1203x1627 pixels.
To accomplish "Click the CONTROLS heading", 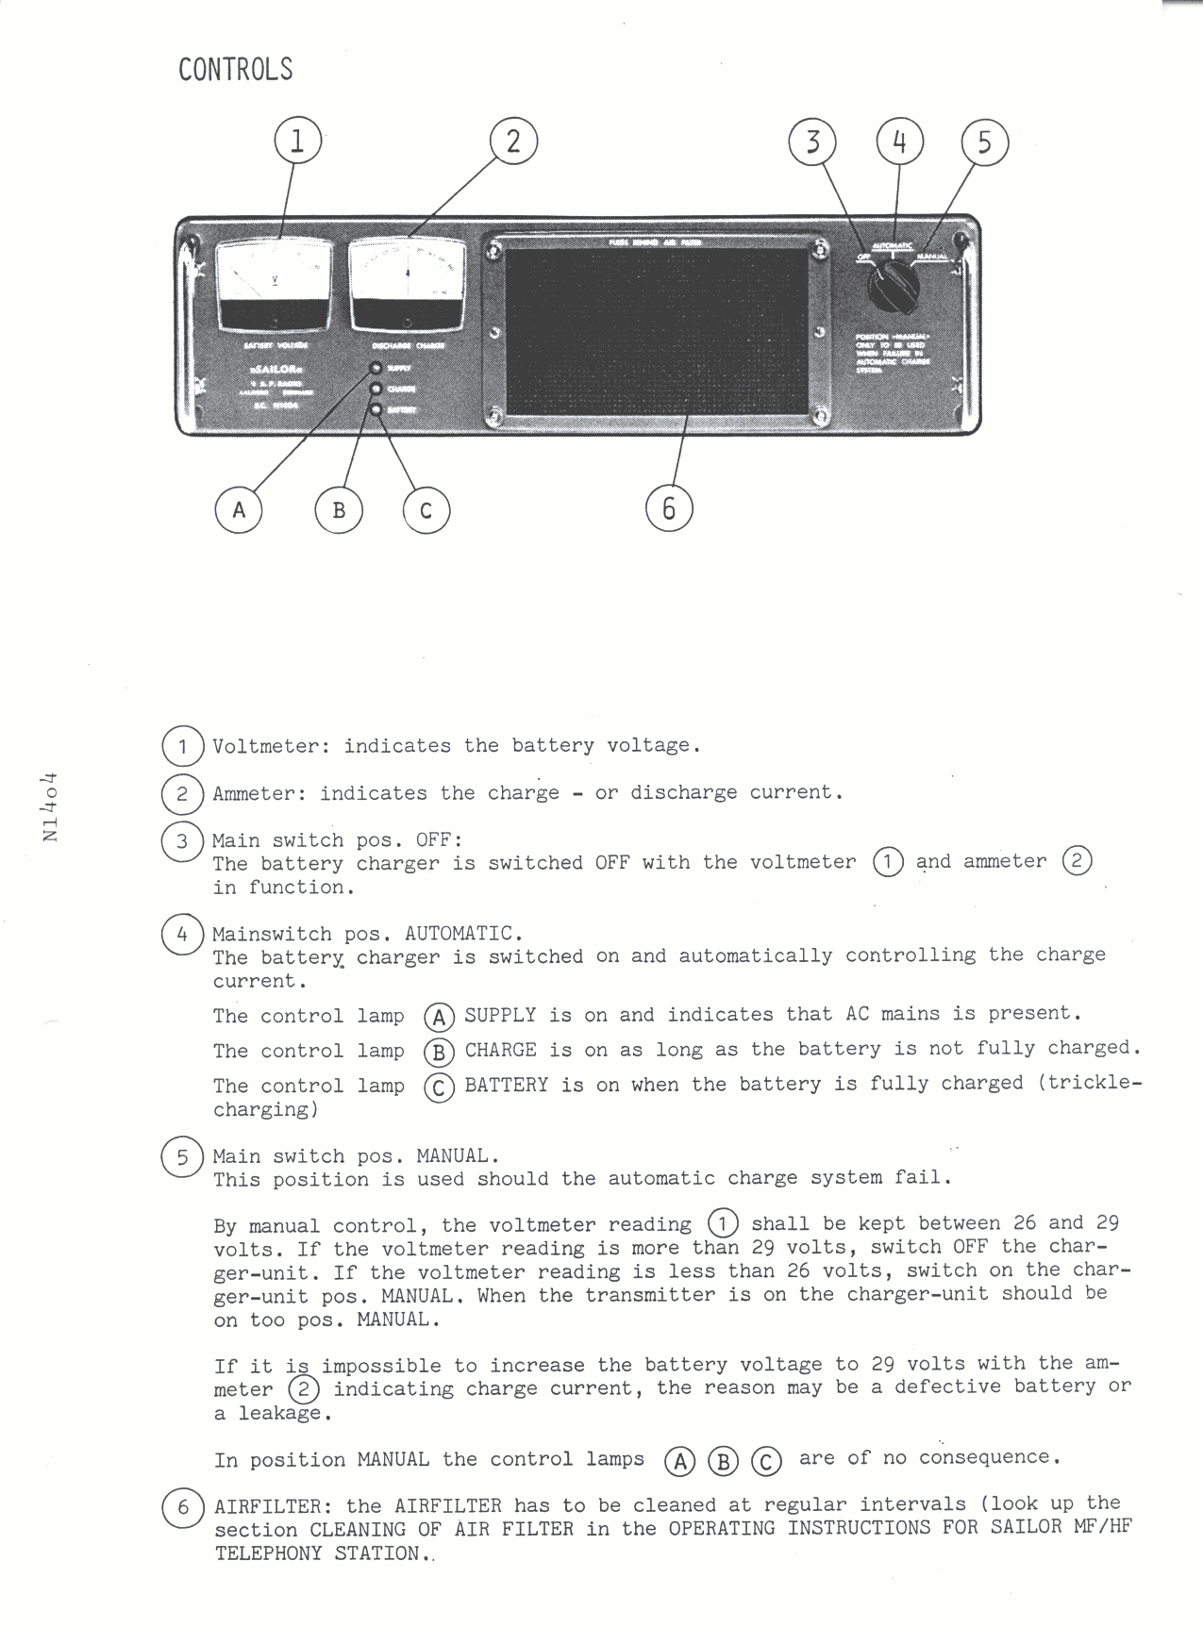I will [x=235, y=70].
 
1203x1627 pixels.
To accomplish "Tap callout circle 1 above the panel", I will [x=296, y=141].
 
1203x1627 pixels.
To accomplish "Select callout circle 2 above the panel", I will [x=513, y=141].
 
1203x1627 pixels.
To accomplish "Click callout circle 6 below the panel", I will [x=669, y=508].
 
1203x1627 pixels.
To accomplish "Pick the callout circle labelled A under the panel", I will [x=239, y=509].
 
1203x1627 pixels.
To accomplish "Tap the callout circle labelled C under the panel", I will [x=426, y=510].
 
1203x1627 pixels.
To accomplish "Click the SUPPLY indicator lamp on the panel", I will [x=376, y=369].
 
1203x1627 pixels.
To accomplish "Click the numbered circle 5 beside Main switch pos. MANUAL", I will [x=181, y=1157].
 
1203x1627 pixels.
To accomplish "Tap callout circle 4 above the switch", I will [x=899, y=141].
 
